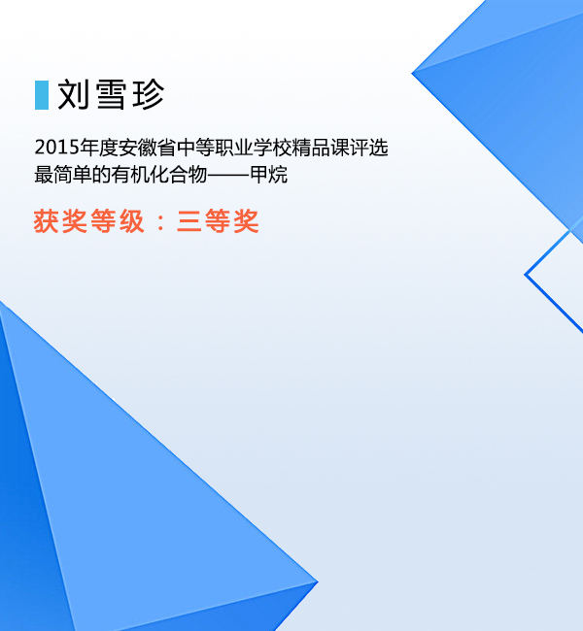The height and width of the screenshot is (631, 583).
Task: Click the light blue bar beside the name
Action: click(42, 95)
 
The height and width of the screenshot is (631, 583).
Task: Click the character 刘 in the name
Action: click(73, 94)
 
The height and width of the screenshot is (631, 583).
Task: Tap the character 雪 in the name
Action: click(111, 94)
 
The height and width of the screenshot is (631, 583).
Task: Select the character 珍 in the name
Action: click(149, 94)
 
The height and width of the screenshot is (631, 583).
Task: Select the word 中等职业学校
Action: click(234, 148)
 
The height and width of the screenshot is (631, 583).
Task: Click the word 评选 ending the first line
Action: click(369, 148)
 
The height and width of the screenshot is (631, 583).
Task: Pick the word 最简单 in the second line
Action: click(63, 175)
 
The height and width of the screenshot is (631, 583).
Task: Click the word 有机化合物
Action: click(159, 175)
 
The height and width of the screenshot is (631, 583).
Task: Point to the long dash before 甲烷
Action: click(228, 176)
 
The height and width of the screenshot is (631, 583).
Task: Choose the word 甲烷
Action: click(269, 175)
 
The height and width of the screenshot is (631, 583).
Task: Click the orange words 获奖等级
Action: click(89, 221)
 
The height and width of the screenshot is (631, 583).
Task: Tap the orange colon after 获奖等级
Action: click(160, 221)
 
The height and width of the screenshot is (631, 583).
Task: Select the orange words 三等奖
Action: click(218, 221)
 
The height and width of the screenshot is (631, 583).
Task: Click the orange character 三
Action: click(189, 221)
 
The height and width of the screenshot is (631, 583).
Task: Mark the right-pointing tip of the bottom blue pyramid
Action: click(318, 581)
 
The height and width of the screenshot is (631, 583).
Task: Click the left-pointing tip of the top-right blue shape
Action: click(412, 73)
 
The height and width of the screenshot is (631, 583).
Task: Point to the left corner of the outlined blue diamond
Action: click(525, 275)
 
